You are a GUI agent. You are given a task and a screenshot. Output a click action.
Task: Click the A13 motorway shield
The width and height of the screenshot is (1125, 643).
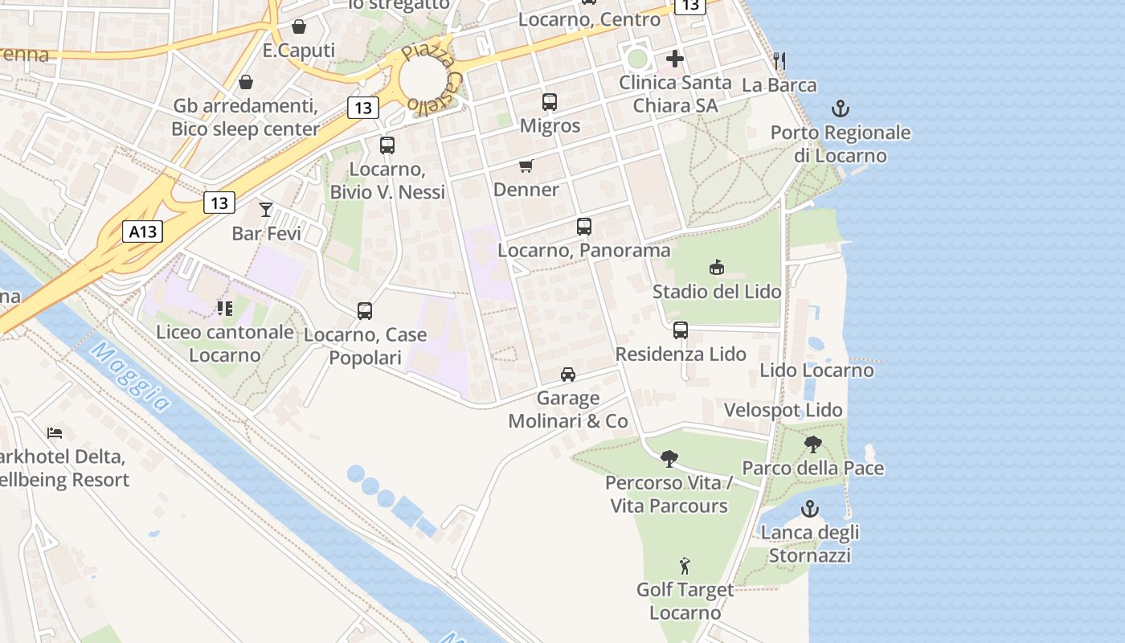pos(143,232)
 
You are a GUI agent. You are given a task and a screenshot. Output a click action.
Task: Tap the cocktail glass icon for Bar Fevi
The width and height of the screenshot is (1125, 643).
pos(266,210)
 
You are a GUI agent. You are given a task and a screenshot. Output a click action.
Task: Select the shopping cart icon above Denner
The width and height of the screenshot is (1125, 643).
pos(526,166)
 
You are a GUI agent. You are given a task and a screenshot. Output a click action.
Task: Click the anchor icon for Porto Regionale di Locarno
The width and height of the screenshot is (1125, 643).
pos(841,109)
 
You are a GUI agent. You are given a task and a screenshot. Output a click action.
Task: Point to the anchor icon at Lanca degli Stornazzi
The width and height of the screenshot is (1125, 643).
pos(810,509)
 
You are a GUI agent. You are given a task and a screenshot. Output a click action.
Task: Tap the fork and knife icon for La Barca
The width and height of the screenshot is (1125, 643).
pos(778,60)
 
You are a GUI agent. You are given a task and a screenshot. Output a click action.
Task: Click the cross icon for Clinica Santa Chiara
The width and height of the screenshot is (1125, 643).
pos(675,59)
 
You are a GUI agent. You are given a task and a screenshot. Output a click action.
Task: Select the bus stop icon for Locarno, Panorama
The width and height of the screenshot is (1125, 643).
pos(584,227)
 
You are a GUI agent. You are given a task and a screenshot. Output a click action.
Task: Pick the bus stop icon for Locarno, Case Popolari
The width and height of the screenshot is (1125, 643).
pos(365,311)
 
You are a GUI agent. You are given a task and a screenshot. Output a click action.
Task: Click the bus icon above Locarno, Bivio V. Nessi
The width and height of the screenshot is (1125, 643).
pos(387,145)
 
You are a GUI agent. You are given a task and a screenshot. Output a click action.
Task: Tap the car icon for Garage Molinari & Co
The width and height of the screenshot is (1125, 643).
pos(568,375)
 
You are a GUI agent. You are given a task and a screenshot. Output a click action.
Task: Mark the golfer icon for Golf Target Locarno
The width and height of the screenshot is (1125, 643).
pos(685,566)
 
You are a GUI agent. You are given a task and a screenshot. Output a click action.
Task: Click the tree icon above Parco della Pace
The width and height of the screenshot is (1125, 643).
pos(812,444)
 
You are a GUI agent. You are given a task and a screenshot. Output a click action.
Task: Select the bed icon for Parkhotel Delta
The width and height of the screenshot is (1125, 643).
pos(55,433)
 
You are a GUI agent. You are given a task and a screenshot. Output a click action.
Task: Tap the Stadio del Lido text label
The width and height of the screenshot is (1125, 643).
pos(716,291)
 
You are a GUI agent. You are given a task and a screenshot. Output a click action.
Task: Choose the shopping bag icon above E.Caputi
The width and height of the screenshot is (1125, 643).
pos(299,27)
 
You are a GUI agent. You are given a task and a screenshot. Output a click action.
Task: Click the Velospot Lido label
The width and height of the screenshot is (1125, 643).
pos(783,410)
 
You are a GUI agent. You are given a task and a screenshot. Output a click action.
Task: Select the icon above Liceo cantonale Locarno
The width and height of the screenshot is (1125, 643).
pos(224,308)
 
